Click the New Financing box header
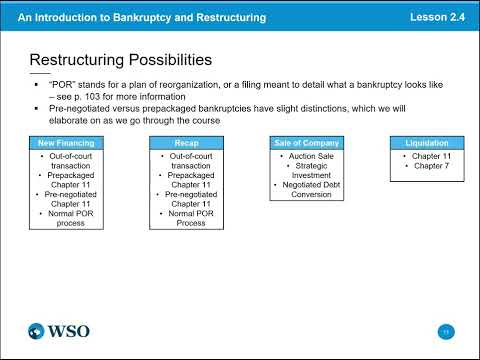click(65, 143)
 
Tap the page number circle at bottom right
click(446, 331)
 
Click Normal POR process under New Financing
click(67, 218)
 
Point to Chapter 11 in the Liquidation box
click(426, 156)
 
